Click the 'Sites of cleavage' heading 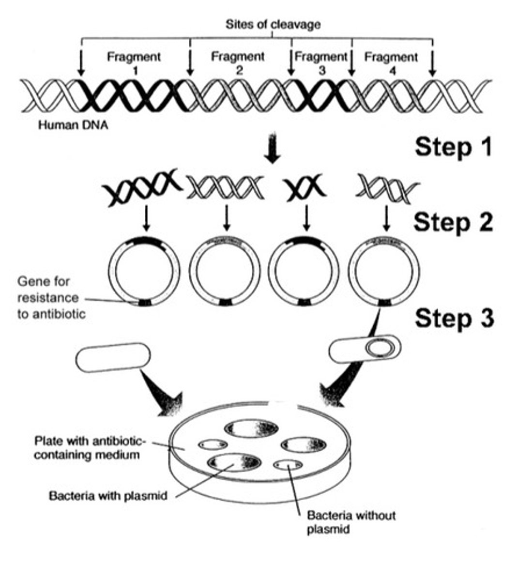pos(273,24)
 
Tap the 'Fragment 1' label pos(134,63)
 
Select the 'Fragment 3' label pos(321,63)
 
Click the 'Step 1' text pos(453,147)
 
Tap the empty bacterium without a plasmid pos(113,357)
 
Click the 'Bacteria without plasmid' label pos(351,522)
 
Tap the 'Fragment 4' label pos(391,63)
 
